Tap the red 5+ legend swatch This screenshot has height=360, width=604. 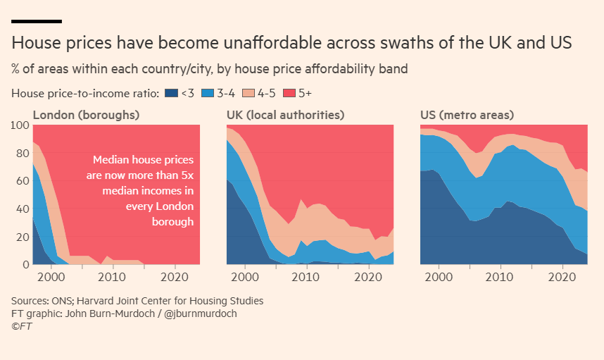pyautogui.click(x=290, y=92)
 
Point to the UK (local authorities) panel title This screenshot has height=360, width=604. pyautogui.click(x=285, y=114)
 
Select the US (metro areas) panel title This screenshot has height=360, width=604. pyautogui.click(x=467, y=114)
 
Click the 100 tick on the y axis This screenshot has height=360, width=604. pyautogui.click(x=20, y=125)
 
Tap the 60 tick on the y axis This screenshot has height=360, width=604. pyautogui.click(x=22, y=181)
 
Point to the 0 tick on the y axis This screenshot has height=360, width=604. pyautogui.click(x=25, y=265)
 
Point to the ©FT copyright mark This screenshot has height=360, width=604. pyautogui.click(x=22, y=326)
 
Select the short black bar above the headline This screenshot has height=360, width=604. pyautogui.click(x=37, y=22)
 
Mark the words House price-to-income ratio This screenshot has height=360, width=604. pyautogui.click(x=84, y=92)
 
